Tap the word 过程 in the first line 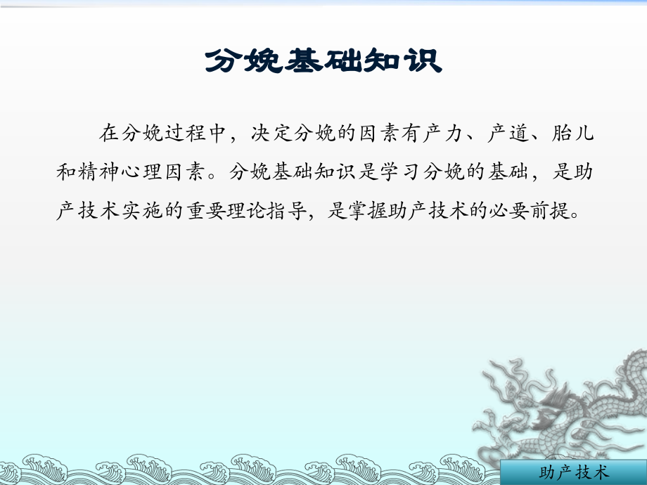[186, 133]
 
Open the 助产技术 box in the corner [572, 473]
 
